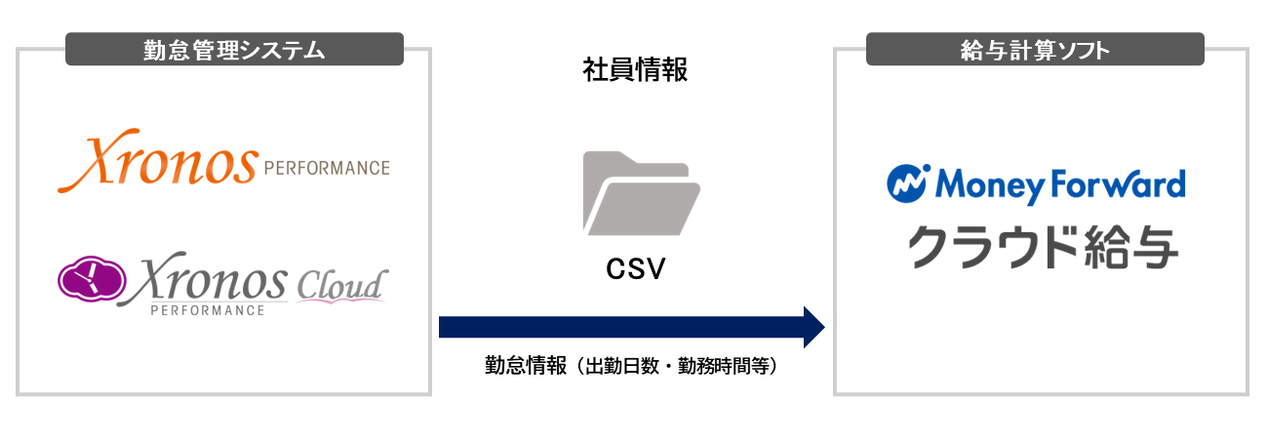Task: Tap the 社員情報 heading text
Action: (x=635, y=71)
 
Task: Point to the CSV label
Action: (x=635, y=268)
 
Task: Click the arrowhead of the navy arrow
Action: (x=812, y=327)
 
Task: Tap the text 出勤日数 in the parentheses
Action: (x=616, y=367)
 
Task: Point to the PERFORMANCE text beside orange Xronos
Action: (x=326, y=168)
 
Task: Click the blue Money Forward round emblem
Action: (x=906, y=183)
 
